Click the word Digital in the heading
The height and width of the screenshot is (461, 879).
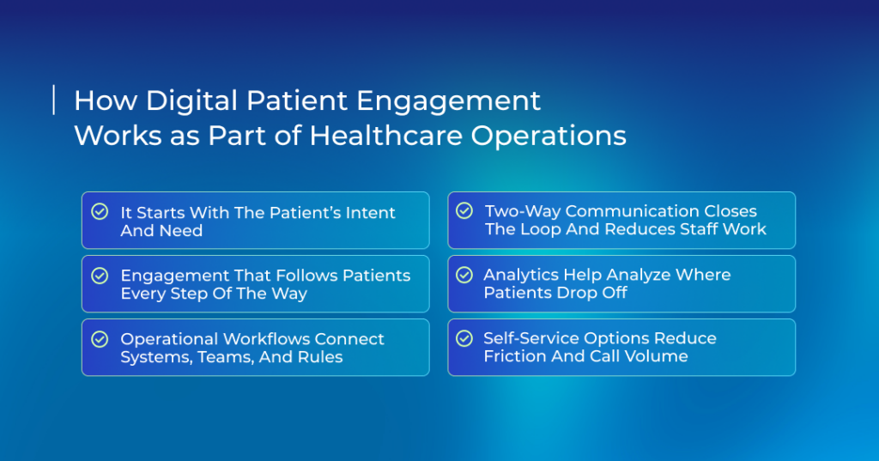191,101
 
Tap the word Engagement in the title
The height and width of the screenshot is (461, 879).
448,101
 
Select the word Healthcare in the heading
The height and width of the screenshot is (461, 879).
386,136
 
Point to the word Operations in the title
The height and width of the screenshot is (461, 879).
549,136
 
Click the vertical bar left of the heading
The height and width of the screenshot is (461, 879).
54,100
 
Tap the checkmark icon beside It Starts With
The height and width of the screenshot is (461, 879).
100,211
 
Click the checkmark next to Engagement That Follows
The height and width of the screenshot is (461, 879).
100,276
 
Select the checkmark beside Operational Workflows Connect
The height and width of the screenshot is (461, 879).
100,339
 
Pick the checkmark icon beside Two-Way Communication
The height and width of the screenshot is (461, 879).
464,210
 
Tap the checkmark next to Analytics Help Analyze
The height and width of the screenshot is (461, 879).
464,275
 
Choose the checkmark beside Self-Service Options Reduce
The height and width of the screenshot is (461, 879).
464,338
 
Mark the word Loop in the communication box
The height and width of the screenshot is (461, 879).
541,229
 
